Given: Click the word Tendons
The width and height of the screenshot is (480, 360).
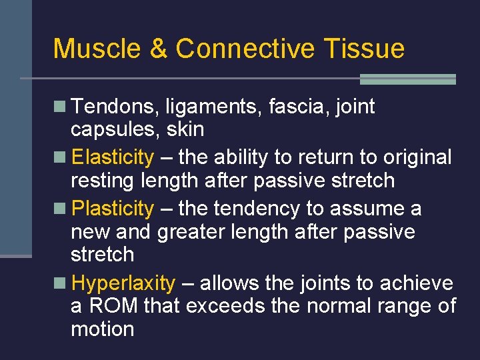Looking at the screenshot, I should [107, 107].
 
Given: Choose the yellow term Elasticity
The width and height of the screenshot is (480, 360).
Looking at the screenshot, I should [112, 158].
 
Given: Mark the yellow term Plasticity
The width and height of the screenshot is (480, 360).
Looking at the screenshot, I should [112, 209].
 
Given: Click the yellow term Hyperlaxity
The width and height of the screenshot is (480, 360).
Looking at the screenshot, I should [123, 284].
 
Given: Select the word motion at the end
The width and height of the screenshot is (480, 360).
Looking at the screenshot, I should [102, 329].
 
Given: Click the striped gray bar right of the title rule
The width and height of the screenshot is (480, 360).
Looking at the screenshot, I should [407, 79].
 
